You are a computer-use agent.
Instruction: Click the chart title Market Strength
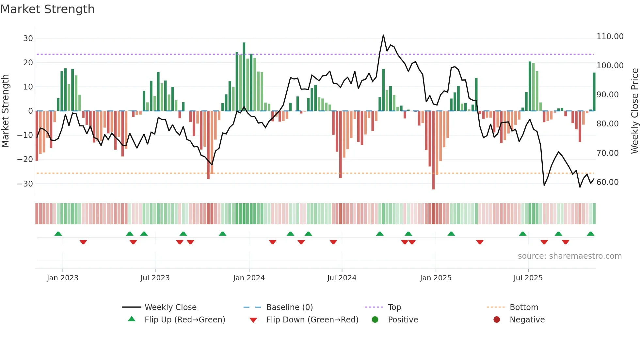(48, 9)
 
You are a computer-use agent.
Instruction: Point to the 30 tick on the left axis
(28, 39)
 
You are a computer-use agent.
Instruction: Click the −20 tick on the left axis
(25, 159)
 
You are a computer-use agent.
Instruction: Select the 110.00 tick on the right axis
(610, 37)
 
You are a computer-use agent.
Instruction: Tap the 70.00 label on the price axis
(607, 153)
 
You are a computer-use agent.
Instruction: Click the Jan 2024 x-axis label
(249, 278)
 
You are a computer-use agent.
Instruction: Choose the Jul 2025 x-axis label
(528, 278)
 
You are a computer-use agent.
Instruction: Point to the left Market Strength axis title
(5, 111)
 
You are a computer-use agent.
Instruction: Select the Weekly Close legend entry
(170, 307)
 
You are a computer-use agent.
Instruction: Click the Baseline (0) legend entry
(289, 307)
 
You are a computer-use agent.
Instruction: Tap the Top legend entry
(394, 307)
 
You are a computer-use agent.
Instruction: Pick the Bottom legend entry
(524, 307)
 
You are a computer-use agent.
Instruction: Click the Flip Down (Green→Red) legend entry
(312, 320)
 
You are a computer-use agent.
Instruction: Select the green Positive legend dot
(375, 320)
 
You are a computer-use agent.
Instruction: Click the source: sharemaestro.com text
(569, 256)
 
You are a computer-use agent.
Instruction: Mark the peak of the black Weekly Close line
(383, 35)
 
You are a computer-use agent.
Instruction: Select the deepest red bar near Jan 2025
(433, 150)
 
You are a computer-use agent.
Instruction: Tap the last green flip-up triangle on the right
(590, 234)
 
